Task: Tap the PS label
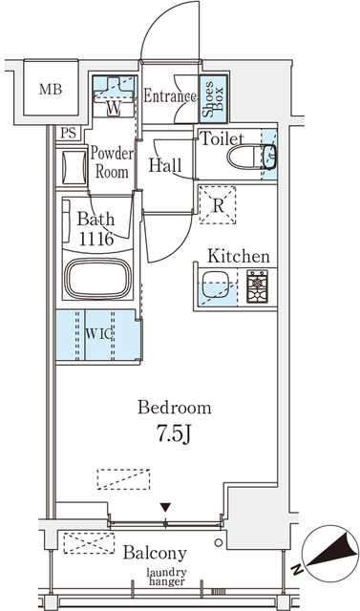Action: coord(68,133)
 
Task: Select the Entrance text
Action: coord(171,96)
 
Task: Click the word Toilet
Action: coord(222,137)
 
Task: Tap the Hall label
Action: coord(165,165)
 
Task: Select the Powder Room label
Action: coord(112,162)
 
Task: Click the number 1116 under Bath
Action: coord(96,240)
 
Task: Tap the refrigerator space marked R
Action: coord(219,202)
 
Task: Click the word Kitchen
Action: coord(239,257)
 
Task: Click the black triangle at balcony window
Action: coord(167,507)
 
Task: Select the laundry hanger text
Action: coord(167,577)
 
